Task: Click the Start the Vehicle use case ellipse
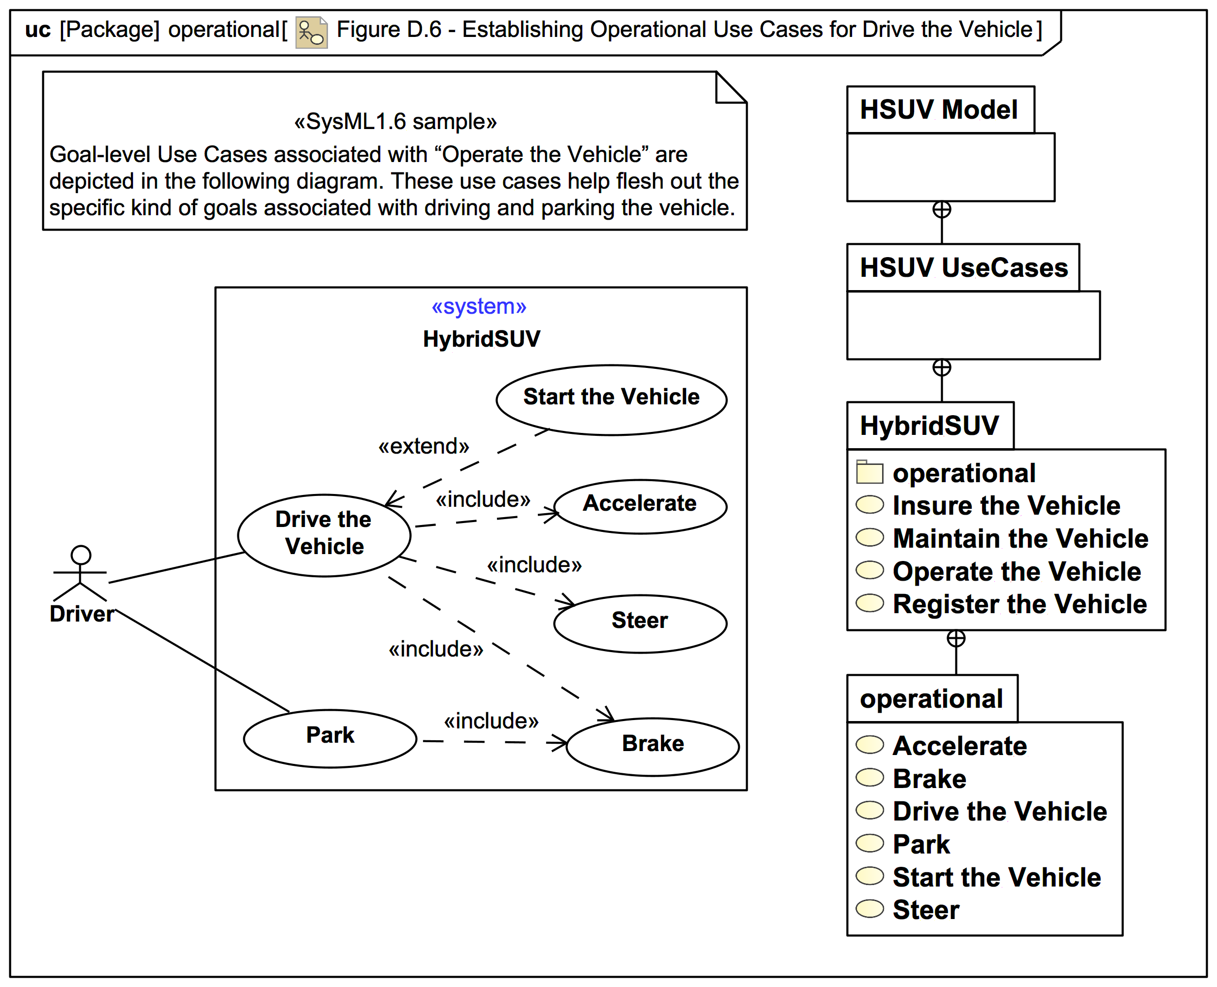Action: [x=611, y=400]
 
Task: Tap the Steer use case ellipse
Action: [x=640, y=623]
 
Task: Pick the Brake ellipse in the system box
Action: [x=653, y=746]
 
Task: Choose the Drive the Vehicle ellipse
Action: [x=324, y=535]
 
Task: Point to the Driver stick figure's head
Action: [x=81, y=555]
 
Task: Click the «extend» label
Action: [x=424, y=446]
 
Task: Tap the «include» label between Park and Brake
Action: [x=491, y=721]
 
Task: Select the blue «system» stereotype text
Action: [x=479, y=307]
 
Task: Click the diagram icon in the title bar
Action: [x=311, y=33]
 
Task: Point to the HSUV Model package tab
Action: [x=940, y=110]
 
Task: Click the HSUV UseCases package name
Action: [x=963, y=268]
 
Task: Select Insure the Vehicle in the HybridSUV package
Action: [x=1006, y=505]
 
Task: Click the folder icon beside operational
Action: [x=870, y=472]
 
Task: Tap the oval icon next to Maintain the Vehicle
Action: [x=870, y=537]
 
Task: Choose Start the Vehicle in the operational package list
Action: [x=996, y=877]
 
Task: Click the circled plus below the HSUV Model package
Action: [x=942, y=210]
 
